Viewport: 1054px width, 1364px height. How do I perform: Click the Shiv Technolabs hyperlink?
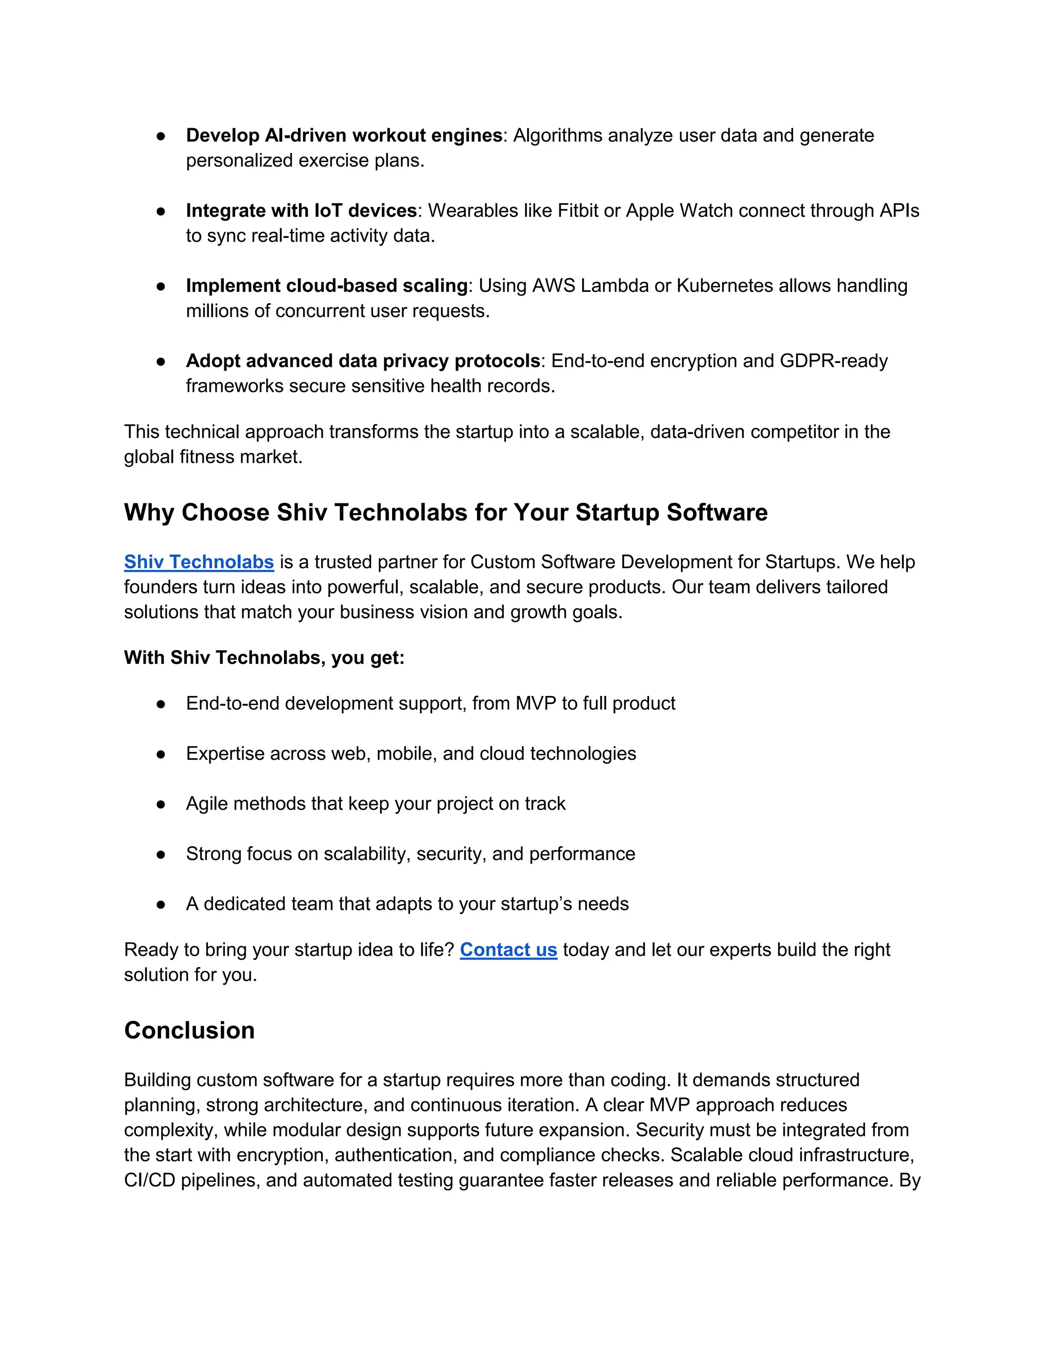(x=199, y=562)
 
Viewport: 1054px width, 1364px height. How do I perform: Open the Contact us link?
(x=508, y=950)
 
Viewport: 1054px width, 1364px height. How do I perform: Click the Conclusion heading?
(x=189, y=1030)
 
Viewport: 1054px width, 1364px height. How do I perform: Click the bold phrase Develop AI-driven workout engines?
(x=344, y=135)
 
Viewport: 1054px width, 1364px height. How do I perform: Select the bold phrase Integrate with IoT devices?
(x=301, y=211)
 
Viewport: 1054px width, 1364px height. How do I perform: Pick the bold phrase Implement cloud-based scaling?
(x=327, y=286)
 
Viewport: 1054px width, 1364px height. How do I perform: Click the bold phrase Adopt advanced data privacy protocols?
(x=363, y=361)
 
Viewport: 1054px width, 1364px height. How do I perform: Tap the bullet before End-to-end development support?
(x=161, y=704)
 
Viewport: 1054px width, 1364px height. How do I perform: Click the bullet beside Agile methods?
(x=161, y=805)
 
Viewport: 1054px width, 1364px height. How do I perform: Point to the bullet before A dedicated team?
(x=161, y=904)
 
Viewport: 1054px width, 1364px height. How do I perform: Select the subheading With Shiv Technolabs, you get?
(x=264, y=658)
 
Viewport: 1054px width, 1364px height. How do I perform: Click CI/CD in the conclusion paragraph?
(x=149, y=1180)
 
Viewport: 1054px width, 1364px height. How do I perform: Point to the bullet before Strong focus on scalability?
(x=161, y=854)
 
